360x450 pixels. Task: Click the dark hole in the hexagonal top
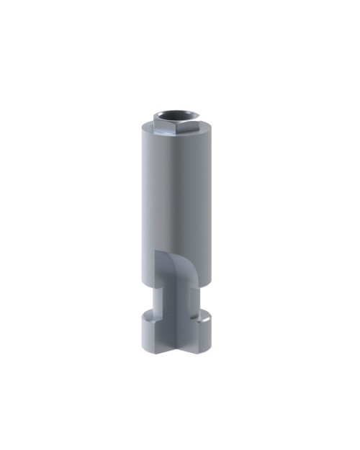(x=174, y=114)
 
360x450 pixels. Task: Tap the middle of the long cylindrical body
(x=176, y=194)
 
